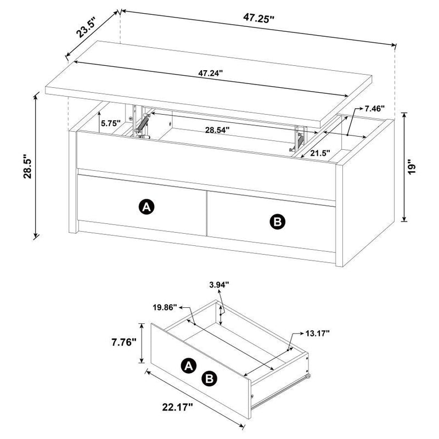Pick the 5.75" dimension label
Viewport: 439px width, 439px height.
point(111,124)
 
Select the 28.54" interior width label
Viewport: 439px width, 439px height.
point(217,131)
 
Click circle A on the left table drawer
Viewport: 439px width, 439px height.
point(146,207)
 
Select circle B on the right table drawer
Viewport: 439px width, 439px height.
point(277,221)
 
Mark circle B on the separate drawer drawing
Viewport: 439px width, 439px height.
point(209,378)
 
